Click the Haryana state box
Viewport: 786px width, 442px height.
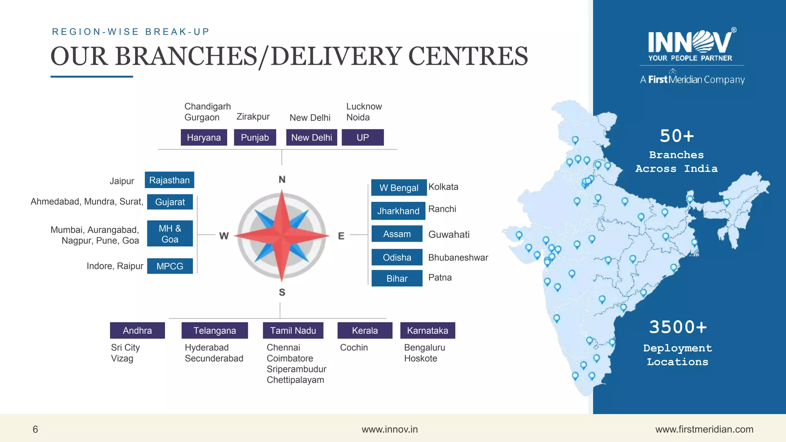tap(204, 137)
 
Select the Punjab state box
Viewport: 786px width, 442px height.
tap(255, 137)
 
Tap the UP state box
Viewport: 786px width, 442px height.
tap(363, 137)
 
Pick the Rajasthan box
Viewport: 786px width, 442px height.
tap(169, 180)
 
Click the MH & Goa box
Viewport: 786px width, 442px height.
tap(170, 234)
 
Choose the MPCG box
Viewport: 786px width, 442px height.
tap(170, 266)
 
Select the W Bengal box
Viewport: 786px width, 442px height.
tap(399, 188)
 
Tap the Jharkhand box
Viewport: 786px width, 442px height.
tap(398, 211)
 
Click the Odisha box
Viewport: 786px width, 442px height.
tap(397, 257)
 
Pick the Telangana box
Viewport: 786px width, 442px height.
tap(215, 330)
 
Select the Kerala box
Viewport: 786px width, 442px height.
tap(365, 330)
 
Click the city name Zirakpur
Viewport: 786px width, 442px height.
tap(253, 117)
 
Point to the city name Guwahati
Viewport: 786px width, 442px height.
tap(449, 234)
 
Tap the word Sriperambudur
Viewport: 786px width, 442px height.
tap(296, 369)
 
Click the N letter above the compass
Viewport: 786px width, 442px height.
tap(282, 180)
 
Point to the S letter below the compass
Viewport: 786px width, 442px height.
tap(282, 292)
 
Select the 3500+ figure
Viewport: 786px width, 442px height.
tap(678, 327)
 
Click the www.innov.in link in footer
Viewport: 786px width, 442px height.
tap(390, 429)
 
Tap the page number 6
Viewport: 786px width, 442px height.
tap(35, 429)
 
